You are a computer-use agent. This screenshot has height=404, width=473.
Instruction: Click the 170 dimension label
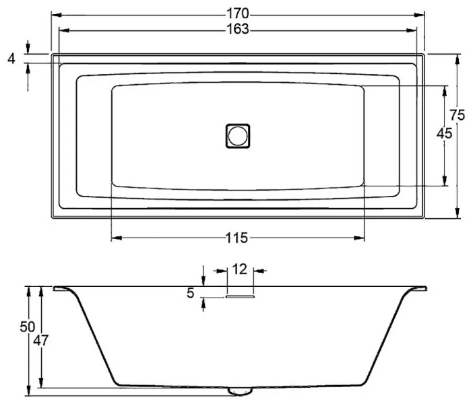pos(237,13)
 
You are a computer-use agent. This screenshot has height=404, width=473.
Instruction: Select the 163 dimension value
pos(237,28)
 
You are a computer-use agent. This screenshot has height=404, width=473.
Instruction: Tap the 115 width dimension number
pos(237,238)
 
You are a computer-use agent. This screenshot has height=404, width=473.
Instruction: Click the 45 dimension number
pos(444,133)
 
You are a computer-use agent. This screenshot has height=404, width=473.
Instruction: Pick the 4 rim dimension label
pos(11,60)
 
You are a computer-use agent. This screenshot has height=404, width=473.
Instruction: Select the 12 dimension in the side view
pos(240,269)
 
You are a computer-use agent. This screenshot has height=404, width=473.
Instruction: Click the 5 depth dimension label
pos(190,293)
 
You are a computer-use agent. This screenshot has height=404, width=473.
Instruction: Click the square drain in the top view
pos(238,135)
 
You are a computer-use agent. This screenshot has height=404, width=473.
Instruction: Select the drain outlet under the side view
pos(239,391)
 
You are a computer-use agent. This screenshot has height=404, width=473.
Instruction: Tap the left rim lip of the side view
pos(62,289)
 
